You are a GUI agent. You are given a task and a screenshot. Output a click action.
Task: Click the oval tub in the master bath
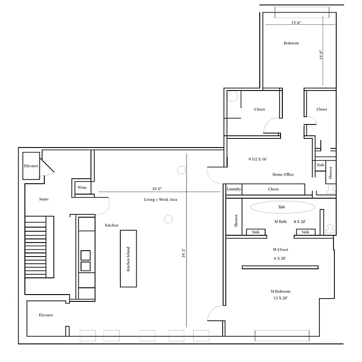[282, 207]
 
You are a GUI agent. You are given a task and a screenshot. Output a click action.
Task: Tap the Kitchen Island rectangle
[128, 258]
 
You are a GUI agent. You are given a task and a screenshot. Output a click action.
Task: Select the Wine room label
[82, 187]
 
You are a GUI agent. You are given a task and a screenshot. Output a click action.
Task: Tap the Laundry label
[234, 189]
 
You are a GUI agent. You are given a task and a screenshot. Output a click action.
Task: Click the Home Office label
[283, 174]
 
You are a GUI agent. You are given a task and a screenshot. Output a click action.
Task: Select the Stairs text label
[44, 199]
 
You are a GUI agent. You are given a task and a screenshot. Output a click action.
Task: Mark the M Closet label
[280, 249]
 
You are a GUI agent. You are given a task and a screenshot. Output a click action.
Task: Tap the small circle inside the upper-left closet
[233, 96]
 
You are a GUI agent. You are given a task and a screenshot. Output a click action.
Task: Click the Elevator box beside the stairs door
[32, 167]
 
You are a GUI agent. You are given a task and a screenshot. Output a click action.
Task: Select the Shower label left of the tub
[236, 221]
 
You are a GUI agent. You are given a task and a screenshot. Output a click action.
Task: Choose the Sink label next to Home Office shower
[320, 166]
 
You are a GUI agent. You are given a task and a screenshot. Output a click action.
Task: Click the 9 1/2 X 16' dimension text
[257, 159]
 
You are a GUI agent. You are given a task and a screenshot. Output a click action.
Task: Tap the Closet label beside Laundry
[273, 189]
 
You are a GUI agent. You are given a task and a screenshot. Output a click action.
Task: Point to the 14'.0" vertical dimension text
[321, 55]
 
